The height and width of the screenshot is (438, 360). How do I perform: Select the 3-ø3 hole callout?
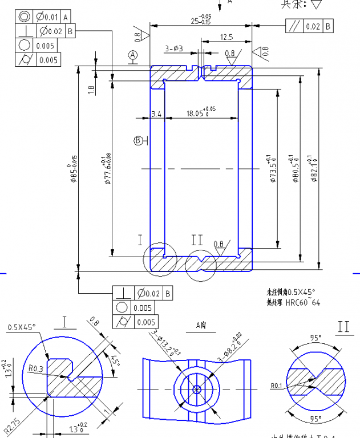174,49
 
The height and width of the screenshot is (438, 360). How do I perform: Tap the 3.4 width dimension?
156,114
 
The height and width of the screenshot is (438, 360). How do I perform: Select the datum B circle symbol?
139,140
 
